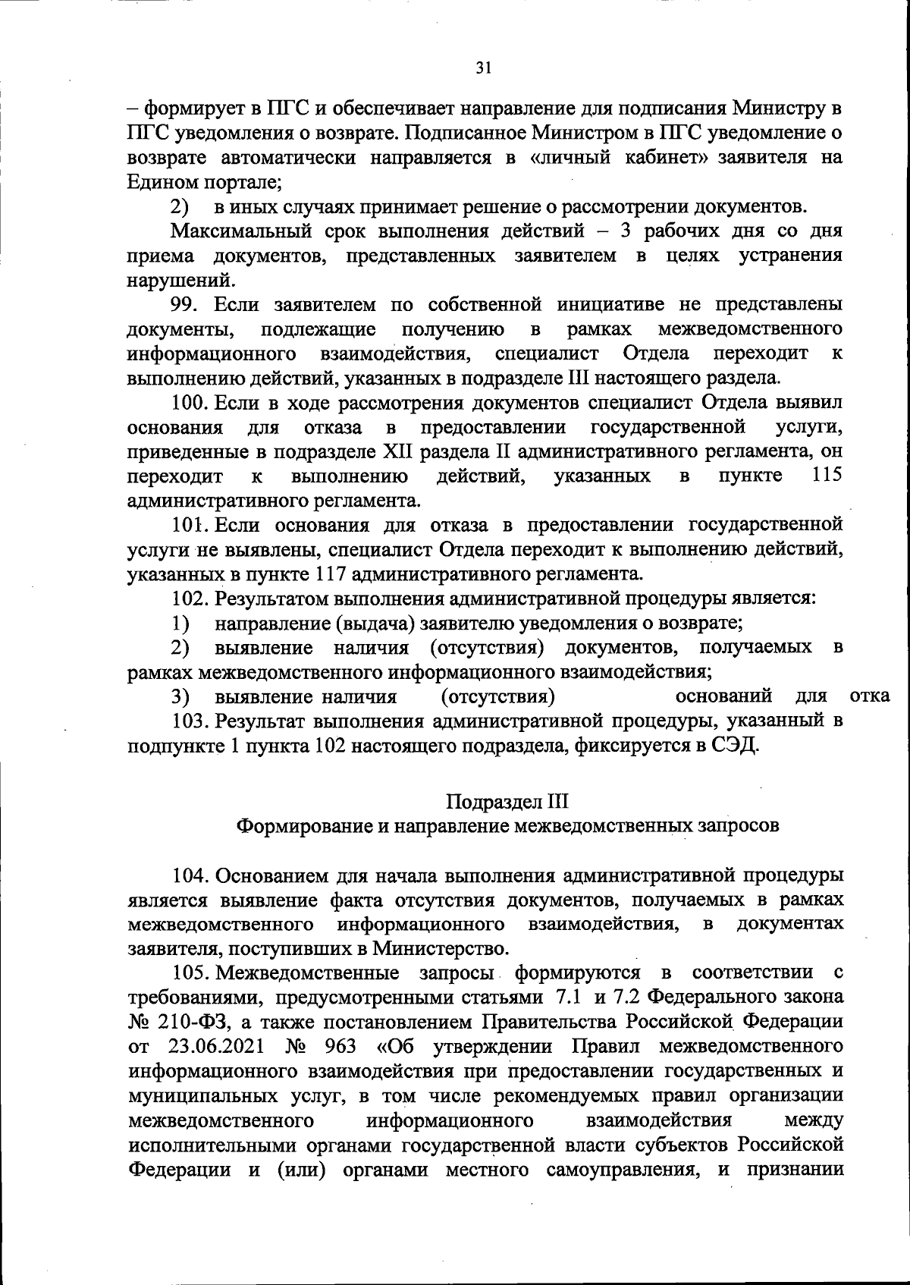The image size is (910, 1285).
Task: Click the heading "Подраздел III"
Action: tap(507, 802)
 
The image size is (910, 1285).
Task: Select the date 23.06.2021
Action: tap(213, 1045)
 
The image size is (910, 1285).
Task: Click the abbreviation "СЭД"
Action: tap(735, 744)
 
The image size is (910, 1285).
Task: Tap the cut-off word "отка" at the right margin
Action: tap(870, 696)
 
